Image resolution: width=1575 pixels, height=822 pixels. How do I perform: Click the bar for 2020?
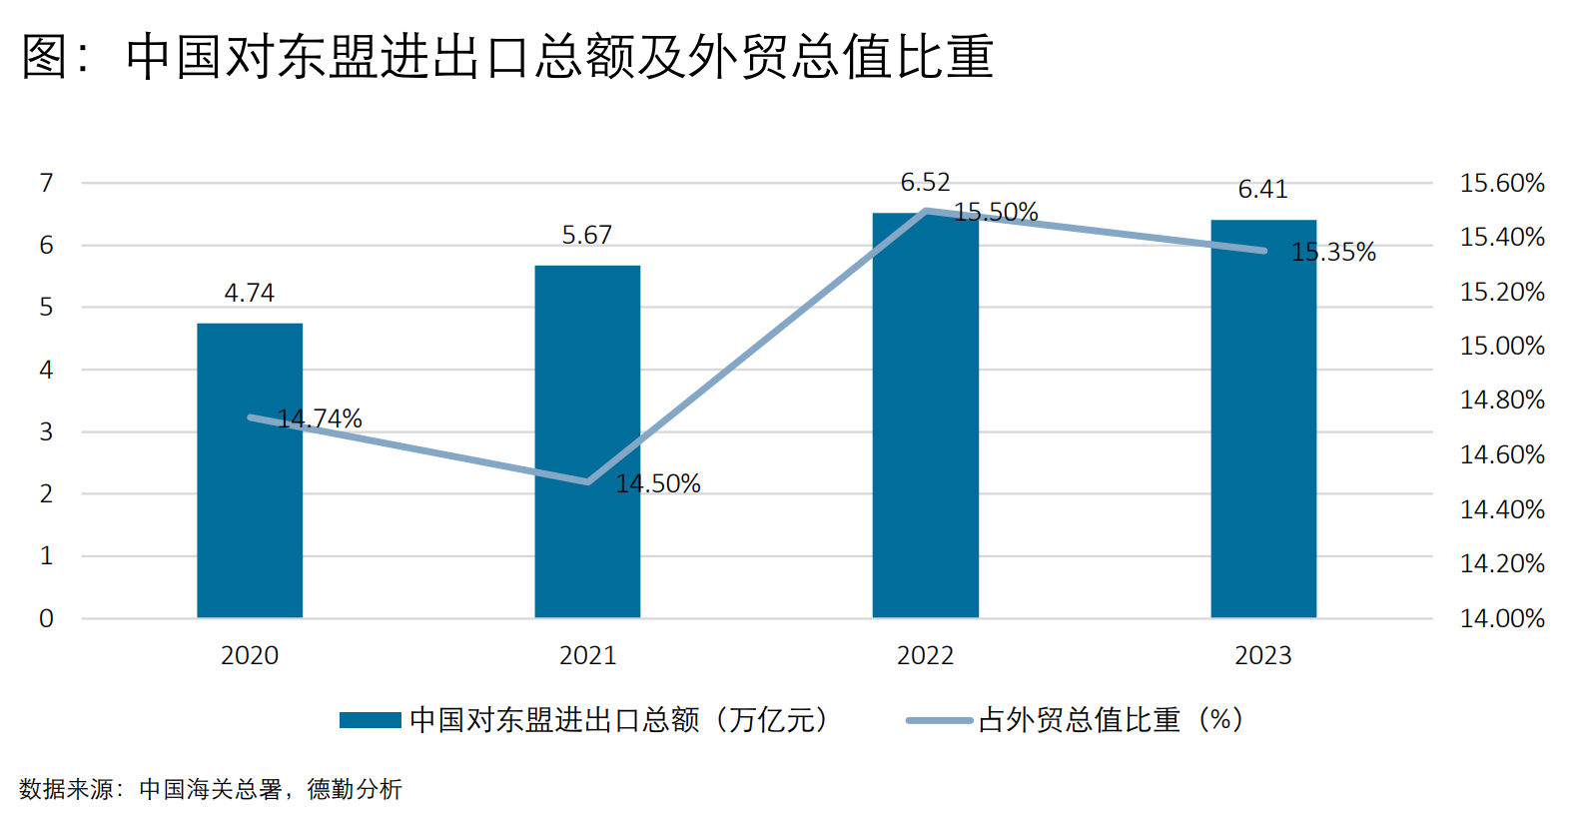pyautogui.click(x=250, y=470)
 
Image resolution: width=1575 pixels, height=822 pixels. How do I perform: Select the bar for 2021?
pyautogui.click(x=588, y=441)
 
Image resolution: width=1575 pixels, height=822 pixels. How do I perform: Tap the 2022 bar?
pyautogui.click(x=925, y=415)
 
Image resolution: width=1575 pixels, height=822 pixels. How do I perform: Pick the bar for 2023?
pyautogui.click(x=1263, y=419)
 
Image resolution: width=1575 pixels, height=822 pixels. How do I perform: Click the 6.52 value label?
pyautogui.click(x=925, y=183)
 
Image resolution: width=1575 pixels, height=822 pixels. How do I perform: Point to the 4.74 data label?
pyautogui.click(x=250, y=293)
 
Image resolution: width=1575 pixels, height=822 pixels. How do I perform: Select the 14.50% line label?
pyautogui.click(x=658, y=483)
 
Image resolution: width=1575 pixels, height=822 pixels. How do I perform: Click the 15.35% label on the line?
pyautogui.click(x=1333, y=252)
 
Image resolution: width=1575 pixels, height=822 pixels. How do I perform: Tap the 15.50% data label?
pyautogui.click(x=996, y=212)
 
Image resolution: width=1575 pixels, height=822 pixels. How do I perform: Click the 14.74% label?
pyautogui.click(x=320, y=419)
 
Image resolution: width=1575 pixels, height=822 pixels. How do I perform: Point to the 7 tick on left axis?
pyautogui.click(x=46, y=183)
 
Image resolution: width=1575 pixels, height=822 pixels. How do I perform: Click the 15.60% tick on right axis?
pyautogui.click(x=1502, y=183)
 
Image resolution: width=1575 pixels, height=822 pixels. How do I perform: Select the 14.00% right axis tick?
pyautogui.click(x=1502, y=619)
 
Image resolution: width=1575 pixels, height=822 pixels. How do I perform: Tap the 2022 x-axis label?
pyautogui.click(x=925, y=655)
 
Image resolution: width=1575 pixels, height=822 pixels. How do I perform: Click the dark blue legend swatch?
pyautogui.click(x=371, y=720)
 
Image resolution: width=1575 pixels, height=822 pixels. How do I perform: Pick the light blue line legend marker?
pyautogui.click(x=940, y=720)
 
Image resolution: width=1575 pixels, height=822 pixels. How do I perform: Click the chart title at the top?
pyautogui.click(x=507, y=56)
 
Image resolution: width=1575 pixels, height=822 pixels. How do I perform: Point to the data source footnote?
pyautogui.click(x=211, y=789)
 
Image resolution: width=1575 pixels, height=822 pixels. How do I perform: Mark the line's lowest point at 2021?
pyautogui.click(x=588, y=482)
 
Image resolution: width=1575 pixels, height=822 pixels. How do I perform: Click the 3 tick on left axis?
pyautogui.click(x=46, y=431)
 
